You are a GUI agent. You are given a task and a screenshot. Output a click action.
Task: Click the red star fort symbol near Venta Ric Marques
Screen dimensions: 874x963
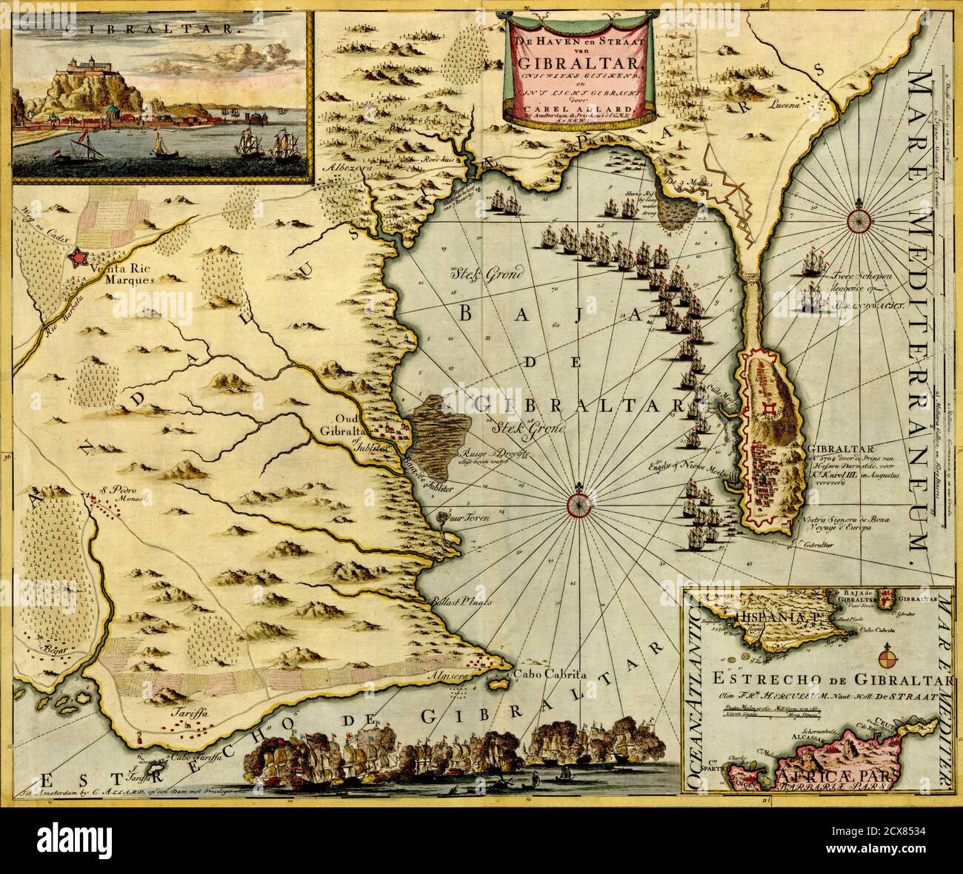tap(76, 257)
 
